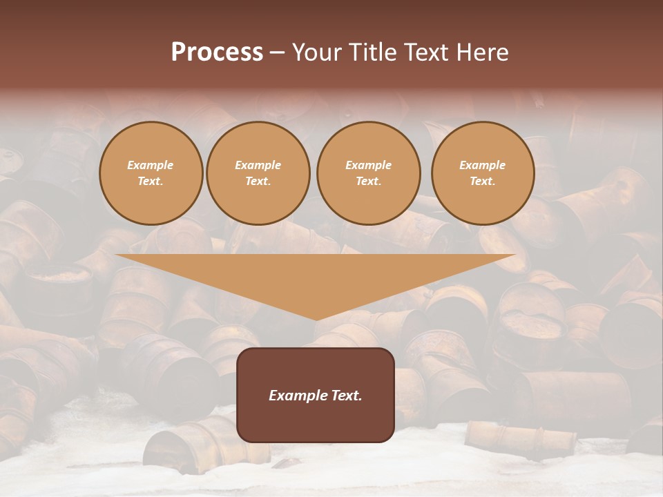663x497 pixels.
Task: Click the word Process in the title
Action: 217,52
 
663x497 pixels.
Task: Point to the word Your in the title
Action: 317,52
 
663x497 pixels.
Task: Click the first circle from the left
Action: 151,173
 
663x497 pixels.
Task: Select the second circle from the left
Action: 258,173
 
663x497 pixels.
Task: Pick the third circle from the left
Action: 368,173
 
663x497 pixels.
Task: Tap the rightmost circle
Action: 483,173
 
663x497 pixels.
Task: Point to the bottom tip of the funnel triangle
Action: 316,319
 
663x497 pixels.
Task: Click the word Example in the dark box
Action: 296,396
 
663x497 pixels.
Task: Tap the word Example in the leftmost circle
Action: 151,165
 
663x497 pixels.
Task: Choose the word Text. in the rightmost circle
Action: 483,182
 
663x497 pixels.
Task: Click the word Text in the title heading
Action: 428,52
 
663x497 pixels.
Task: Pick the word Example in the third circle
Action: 368,165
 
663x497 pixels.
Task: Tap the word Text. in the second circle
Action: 258,182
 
